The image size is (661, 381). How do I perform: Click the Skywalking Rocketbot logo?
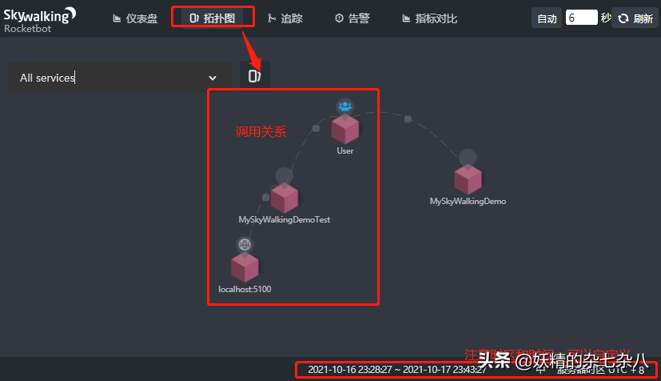[40, 18]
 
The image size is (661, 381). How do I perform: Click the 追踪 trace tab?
[285, 18]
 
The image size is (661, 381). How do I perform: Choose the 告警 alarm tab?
[352, 18]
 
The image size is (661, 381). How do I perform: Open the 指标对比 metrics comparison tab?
[429, 18]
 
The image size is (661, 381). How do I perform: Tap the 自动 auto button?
[547, 18]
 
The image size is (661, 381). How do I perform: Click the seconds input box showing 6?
[581, 18]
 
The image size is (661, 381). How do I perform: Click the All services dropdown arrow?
[213, 78]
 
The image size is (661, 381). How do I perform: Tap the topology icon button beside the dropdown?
[254, 76]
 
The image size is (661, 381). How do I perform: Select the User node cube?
[345, 128]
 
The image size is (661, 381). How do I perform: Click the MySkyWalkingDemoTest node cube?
[284, 197]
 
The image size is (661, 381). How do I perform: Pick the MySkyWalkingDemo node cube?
[468, 179]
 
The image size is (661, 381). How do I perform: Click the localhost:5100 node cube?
[245, 267]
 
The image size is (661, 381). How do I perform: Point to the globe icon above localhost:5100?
[245, 244]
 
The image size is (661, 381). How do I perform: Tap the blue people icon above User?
[344, 106]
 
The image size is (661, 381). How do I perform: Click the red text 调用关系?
[261, 131]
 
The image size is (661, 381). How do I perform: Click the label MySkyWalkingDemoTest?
[284, 219]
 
